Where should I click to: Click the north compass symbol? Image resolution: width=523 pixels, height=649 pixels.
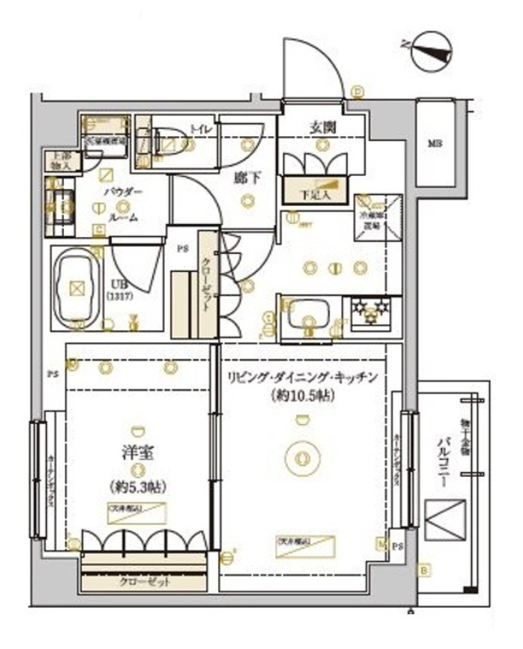(429, 50)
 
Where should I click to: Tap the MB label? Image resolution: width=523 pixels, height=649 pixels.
(436, 144)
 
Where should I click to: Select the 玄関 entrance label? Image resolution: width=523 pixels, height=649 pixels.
(322, 127)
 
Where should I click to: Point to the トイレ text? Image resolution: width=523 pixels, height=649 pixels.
(199, 129)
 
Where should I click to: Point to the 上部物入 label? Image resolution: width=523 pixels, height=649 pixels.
(61, 161)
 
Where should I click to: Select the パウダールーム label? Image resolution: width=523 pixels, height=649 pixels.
(122, 204)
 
